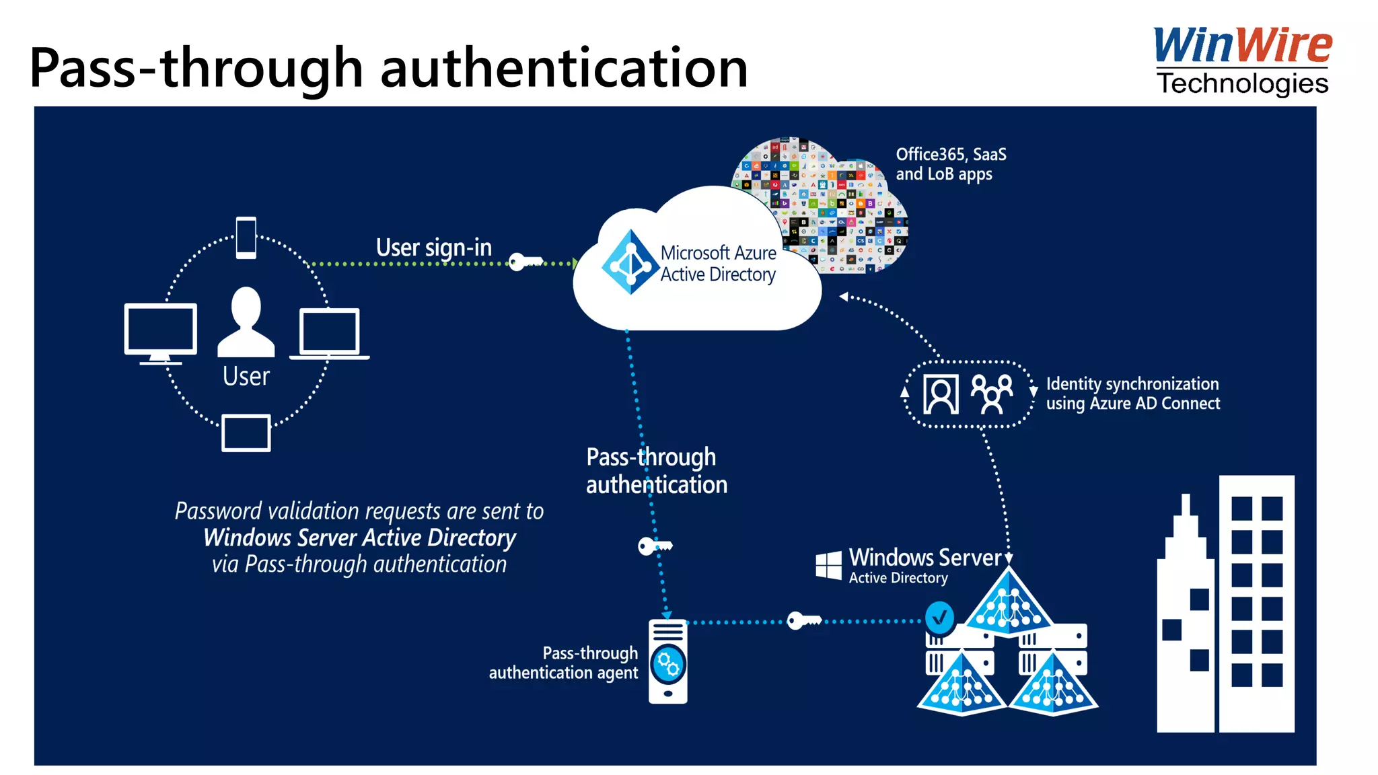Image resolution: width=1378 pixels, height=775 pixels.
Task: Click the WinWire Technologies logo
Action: tap(1242, 61)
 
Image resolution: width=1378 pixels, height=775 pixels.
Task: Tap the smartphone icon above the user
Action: tap(246, 237)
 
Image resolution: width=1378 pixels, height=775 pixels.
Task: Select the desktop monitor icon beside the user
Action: tap(161, 332)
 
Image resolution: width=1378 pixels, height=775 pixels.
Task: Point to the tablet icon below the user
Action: tap(246, 433)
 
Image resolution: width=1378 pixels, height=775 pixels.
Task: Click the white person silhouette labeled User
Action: tap(246, 322)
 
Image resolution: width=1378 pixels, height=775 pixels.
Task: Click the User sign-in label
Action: tap(433, 248)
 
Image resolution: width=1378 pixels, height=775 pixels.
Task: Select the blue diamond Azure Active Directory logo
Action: tap(629, 262)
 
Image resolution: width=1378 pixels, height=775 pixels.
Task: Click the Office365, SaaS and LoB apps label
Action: tap(950, 164)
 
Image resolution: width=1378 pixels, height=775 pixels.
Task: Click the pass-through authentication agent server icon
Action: tap(667, 661)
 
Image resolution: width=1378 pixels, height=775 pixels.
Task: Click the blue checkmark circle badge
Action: tap(939, 617)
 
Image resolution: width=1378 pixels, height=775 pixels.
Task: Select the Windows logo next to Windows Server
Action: tap(828, 565)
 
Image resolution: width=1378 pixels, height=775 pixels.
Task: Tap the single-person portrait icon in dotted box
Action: tap(941, 394)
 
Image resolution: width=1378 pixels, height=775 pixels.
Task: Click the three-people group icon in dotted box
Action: tap(992, 394)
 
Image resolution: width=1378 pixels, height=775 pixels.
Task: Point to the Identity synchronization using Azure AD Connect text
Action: tap(1132, 394)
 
